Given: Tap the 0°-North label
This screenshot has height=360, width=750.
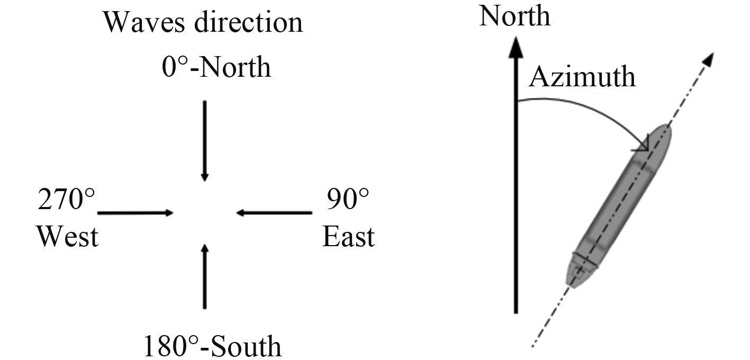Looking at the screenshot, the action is tap(216, 68).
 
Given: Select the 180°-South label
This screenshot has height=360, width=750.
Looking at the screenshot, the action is tap(212, 346).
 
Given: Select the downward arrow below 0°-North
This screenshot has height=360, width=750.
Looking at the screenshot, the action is tap(205, 140).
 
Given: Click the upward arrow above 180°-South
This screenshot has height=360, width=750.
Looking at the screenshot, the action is tap(205, 275).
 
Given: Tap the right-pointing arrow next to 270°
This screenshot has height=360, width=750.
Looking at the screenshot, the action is tap(135, 213).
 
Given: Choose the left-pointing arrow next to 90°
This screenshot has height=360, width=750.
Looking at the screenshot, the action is tap(274, 213).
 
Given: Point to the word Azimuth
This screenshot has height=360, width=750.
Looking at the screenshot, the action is tap(582, 77).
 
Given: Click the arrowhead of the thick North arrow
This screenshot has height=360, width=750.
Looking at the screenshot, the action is tap(516, 48).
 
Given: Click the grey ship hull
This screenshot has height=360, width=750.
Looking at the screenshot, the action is tap(619, 206).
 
